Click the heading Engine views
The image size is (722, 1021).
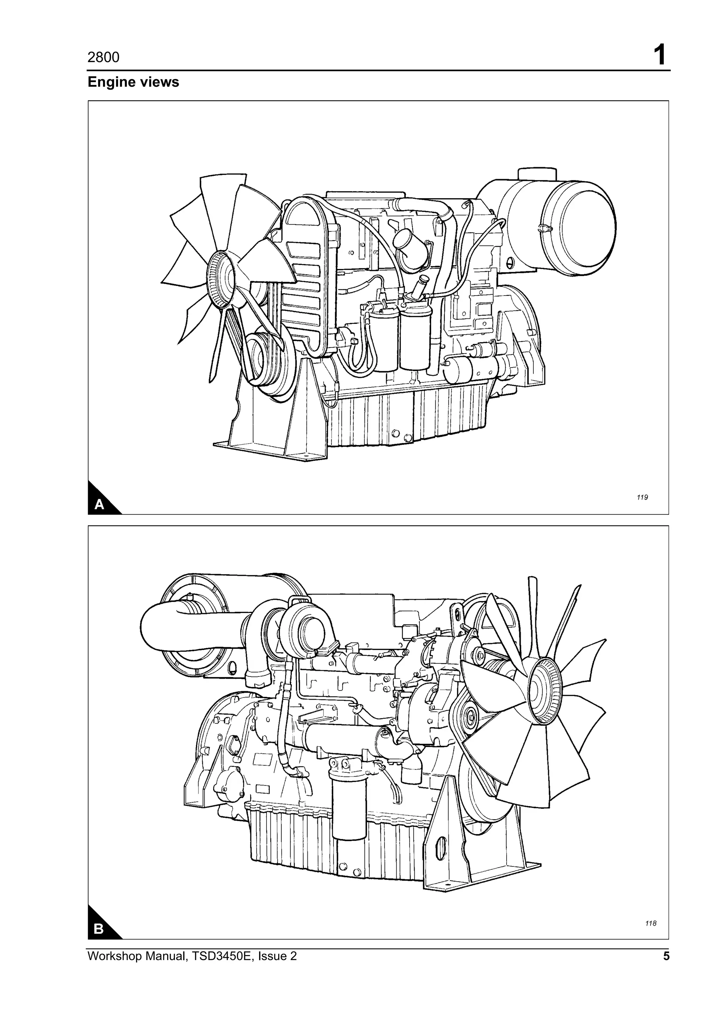(x=133, y=82)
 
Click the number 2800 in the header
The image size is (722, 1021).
(x=103, y=57)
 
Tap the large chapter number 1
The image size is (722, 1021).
(x=659, y=56)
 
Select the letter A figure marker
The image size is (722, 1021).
(x=99, y=505)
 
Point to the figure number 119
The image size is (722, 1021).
(x=642, y=497)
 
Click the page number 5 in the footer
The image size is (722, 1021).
(x=666, y=956)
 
